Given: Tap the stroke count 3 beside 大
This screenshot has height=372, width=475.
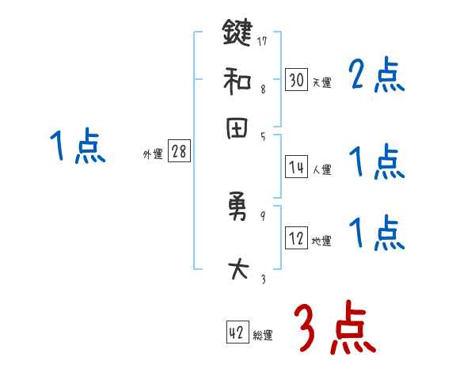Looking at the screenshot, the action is [263, 279].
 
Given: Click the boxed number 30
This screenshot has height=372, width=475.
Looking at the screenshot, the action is [296, 79].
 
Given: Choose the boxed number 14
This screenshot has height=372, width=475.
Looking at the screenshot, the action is [296, 166].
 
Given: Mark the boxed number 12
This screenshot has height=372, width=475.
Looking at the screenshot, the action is [296, 238].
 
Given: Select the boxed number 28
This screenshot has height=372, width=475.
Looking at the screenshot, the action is [179, 152].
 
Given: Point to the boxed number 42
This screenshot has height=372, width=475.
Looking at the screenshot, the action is [236, 332].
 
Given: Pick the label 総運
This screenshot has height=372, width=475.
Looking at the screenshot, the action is [262, 336].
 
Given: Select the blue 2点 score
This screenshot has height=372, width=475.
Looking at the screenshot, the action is [375, 77].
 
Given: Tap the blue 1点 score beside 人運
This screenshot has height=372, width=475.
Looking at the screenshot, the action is [375, 162].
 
